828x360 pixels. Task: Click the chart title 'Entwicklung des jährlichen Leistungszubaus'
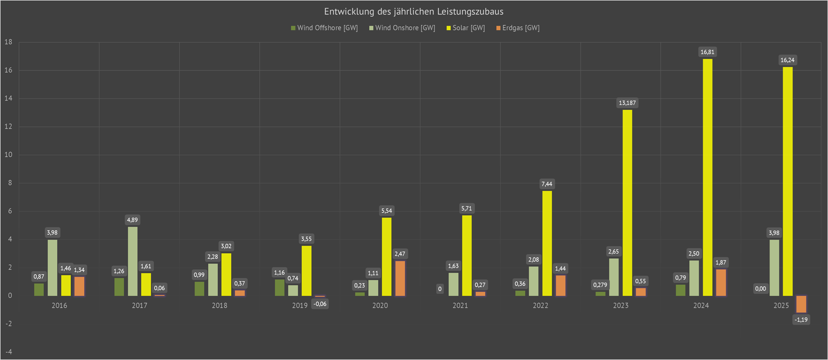point(414,12)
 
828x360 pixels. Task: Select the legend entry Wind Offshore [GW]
point(324,28)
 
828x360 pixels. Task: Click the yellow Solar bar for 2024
point(708,177)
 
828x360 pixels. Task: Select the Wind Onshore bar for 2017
point(133,261)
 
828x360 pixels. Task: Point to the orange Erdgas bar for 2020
point(400,278)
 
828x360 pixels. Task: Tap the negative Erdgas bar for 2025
point(801,304)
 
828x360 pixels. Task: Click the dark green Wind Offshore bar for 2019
point(280,288)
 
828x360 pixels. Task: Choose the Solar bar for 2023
point(628,203)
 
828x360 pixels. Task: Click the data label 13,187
point(628,103)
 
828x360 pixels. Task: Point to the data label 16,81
point(708,52)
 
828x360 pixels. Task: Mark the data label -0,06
point(320,304)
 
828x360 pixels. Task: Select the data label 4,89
point(133,220)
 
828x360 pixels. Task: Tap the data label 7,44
point(547,184)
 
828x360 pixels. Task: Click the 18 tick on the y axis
point(9,42)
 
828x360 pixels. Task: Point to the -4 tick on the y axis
point(9,352)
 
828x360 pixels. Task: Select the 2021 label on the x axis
point(460,306)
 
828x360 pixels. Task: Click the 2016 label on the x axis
point(59,306)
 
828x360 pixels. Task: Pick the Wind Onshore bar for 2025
point(774,268)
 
